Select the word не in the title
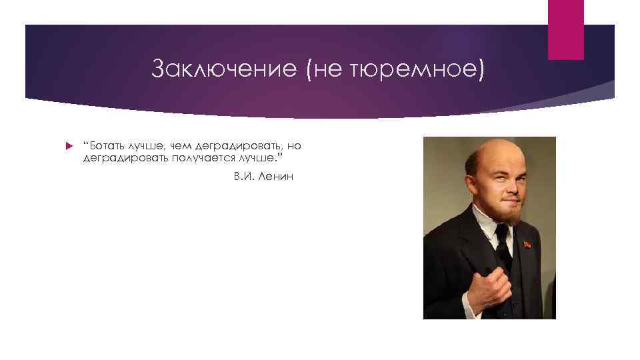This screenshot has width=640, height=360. [x=325, y=68]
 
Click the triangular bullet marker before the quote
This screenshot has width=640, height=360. [x=69, y=146]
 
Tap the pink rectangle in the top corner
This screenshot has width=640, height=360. [x=565, y=29]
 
